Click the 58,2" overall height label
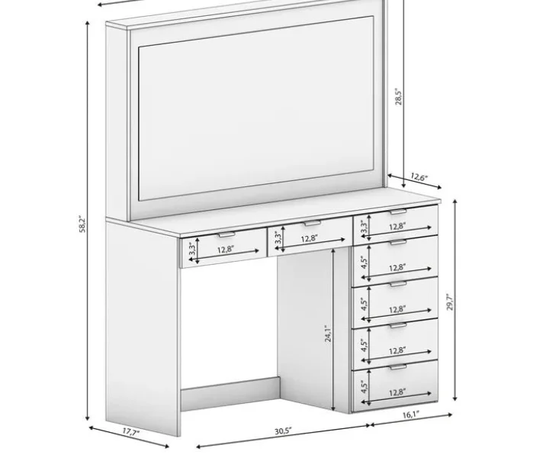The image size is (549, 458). [82, 224]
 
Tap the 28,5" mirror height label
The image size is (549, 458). [399, 96]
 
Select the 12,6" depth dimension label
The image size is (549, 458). [419, 177]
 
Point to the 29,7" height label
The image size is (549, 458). [450, 302]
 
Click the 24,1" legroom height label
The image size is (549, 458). [328, 333]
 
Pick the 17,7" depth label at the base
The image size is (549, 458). [131, 431]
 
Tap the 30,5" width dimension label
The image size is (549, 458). [283, 431]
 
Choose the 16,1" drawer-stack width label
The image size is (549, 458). [411, 415]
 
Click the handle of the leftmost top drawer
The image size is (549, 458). [226, 234]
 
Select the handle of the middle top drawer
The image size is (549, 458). [313, 223]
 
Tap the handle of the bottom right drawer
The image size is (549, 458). [399, 367]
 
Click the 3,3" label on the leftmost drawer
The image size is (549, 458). [192, 248]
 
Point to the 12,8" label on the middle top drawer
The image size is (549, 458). [310, 239]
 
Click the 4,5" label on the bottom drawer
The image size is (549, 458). [364, 386]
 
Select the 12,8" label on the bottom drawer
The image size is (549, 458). [397, 392]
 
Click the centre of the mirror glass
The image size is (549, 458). [256, 108]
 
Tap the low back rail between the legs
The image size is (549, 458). [230, 394]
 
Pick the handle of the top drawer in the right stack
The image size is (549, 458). [399, 211]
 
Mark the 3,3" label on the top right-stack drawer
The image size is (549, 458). [364, 227]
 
